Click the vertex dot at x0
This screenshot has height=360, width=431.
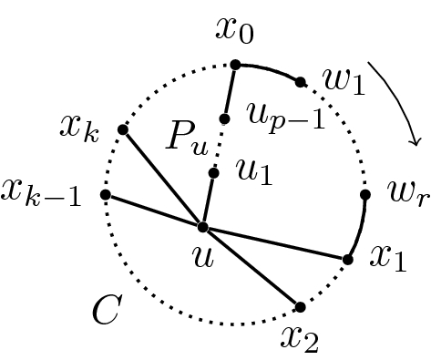[x=235, y=64]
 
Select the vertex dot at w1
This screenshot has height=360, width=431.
[x=301, y=82]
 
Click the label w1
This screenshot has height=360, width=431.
[x=344, y=84]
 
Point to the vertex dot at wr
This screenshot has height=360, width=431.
[x=365, y=194]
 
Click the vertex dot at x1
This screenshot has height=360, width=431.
[x=347, y=260]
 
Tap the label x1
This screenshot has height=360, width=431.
[x=385, y=259]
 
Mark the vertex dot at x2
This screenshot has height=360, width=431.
[x=300, y=307]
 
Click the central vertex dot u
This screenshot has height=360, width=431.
[x=202, y=227]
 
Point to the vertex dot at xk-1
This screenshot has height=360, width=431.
[x=106, y=194]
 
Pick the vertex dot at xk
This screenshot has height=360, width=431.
[x=123, y=129]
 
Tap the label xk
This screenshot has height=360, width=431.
[x=81, y=128]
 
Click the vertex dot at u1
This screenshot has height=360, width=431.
[x=213, y=172]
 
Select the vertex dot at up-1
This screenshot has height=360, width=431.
[x=225, y=118]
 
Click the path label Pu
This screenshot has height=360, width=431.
[x=184, y=138]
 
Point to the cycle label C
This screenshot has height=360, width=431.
[x=107, y=311]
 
